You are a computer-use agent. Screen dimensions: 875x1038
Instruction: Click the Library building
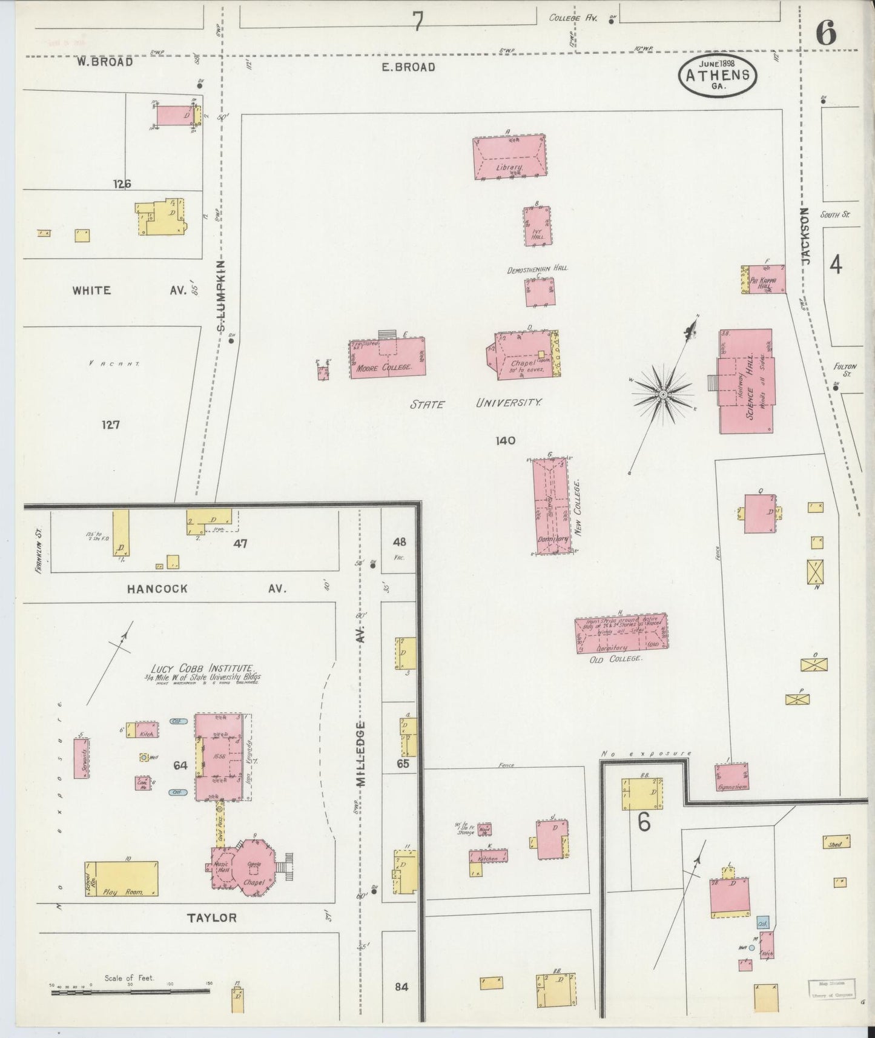[509, 157]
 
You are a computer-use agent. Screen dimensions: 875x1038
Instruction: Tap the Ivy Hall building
[538, 226]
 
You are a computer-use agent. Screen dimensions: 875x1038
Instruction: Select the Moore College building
[388, 359]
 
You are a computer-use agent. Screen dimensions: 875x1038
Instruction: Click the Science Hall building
[746, 382]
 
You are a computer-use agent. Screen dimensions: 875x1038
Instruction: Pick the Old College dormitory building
[621, 634]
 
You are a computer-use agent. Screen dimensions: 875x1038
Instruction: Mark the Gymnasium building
[731, 777]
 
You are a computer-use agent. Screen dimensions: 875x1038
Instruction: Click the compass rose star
[663, 394]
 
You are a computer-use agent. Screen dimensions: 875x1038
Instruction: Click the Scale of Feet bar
[131, 992]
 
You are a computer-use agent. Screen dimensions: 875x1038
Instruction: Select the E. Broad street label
[408, 67]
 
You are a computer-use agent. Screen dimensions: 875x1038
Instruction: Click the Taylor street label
[211, 918]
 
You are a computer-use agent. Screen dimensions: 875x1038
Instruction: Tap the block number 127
[110, 425]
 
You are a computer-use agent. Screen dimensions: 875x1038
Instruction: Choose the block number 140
[505, 441]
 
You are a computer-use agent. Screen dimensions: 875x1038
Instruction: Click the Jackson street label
[805, 236]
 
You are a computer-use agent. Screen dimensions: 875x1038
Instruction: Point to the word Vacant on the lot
[114, 364]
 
